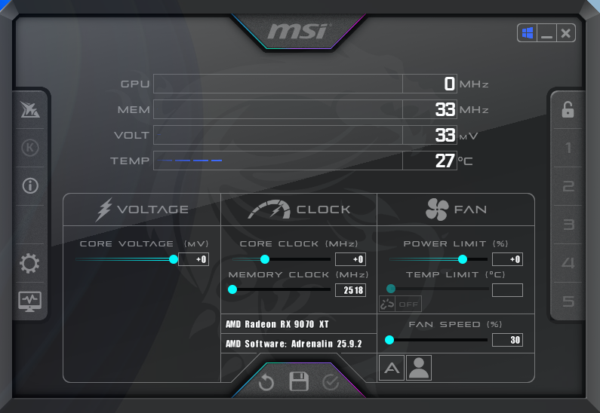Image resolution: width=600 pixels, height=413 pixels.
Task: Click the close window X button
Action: [566, 33]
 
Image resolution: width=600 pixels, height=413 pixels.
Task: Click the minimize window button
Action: [546, 33]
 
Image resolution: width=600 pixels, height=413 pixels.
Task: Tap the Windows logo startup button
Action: [527, 33]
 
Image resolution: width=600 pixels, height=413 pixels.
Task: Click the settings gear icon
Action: [30, 264]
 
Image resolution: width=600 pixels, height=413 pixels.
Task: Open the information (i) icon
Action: [30, 186]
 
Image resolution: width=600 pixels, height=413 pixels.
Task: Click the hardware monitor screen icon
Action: [30, 301]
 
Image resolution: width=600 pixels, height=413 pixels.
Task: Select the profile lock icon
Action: [568, 110]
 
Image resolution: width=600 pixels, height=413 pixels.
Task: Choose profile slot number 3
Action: [568, 225]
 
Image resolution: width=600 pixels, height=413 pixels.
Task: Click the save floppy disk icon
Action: [300, 381]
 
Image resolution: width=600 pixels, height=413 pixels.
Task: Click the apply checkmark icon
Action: [331, 382]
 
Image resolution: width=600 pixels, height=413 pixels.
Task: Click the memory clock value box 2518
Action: [350, 290]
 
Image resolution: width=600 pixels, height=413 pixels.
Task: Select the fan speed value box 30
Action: [507, 340]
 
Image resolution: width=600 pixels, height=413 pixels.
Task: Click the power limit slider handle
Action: [463, 259]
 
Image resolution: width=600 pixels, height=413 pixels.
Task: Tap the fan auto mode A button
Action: [392, 368]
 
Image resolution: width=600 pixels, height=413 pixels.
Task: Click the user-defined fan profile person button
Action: [419, 368]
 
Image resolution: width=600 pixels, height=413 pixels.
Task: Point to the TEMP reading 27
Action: [445, 161]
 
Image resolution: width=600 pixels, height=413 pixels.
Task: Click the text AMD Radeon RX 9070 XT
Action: [278, 325]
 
